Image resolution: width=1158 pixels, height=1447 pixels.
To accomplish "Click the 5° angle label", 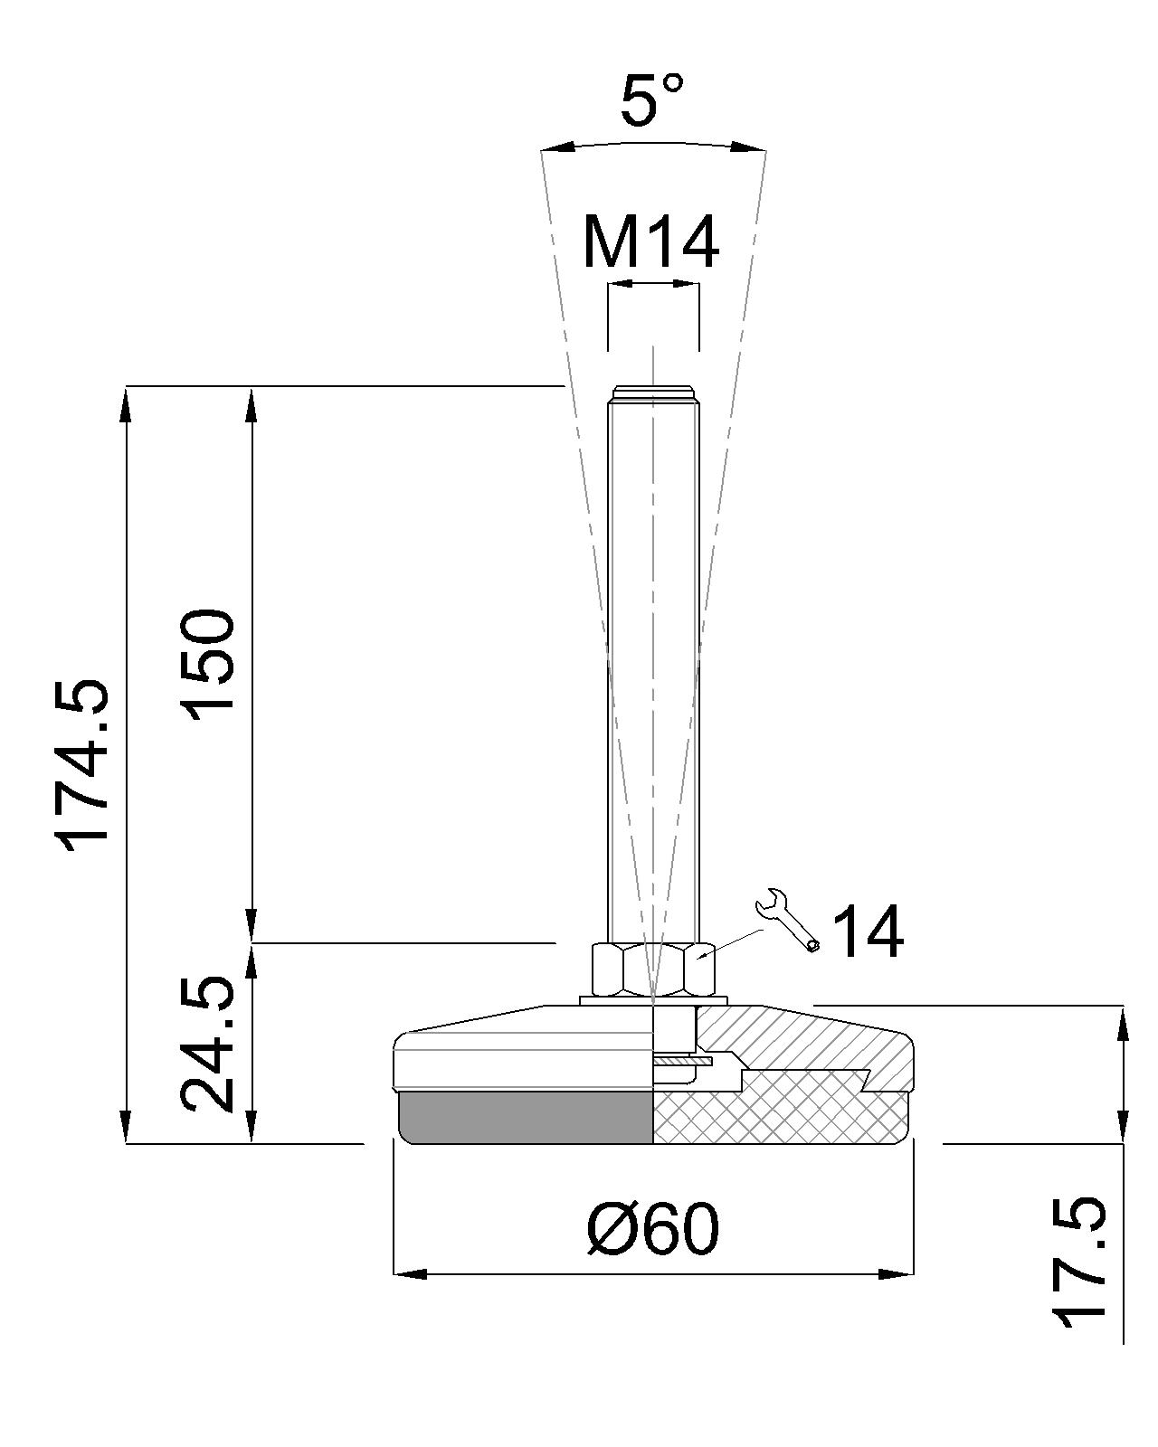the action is pos(650,99).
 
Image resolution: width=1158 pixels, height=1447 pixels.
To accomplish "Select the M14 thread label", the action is pos(650,242).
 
